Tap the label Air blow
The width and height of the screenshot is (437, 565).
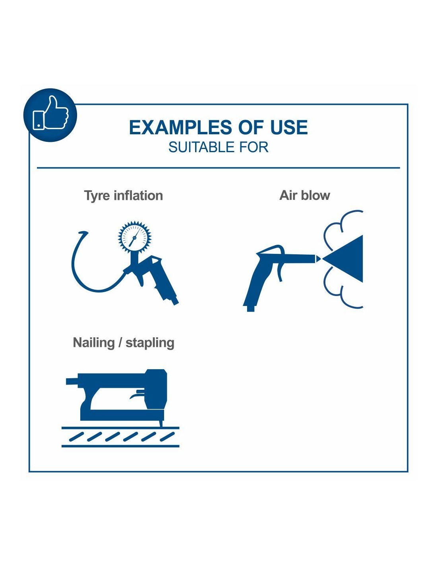coord(305,195)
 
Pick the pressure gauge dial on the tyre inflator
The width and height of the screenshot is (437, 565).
coord(134,237)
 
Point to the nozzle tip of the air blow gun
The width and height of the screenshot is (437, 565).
coord(318,259)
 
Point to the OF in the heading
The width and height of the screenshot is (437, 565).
coord(248,128)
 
